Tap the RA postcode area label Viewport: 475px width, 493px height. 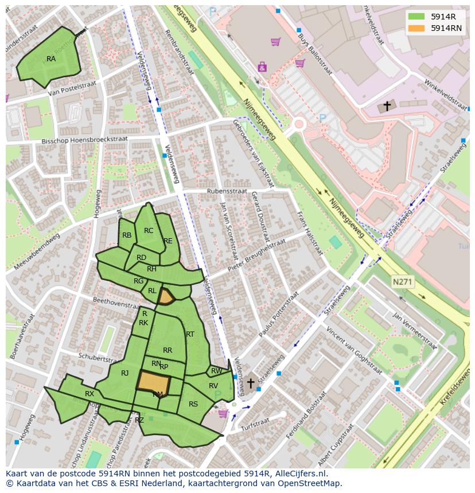coord(51,59)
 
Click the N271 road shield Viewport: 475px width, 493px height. coord(402,282)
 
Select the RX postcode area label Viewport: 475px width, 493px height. coord(89,394)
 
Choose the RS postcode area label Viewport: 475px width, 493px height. coord(193,404)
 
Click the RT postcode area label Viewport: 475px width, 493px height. coord(190,334)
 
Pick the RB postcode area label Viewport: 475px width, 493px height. coord(127,235)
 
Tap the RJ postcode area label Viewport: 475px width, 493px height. coord(125,373)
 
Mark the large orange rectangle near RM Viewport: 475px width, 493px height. coord(154,380)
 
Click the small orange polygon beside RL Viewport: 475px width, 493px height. coord(166,297)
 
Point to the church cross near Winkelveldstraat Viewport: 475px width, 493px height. coord(387,106)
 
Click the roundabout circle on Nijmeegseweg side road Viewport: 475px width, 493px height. coord(298,123)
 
